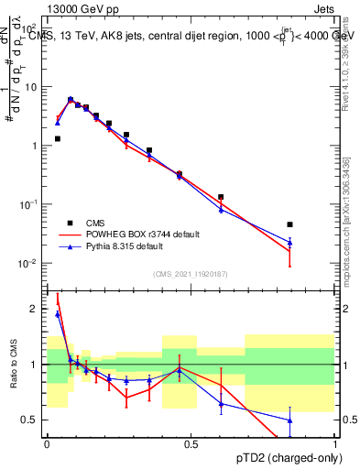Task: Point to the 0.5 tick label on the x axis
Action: coord(191,442)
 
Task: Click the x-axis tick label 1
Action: coord(334,442)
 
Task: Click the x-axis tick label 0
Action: coord(47,442)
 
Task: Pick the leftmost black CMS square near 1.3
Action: coord(57,138)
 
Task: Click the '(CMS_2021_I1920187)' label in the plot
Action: coord(190,274)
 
